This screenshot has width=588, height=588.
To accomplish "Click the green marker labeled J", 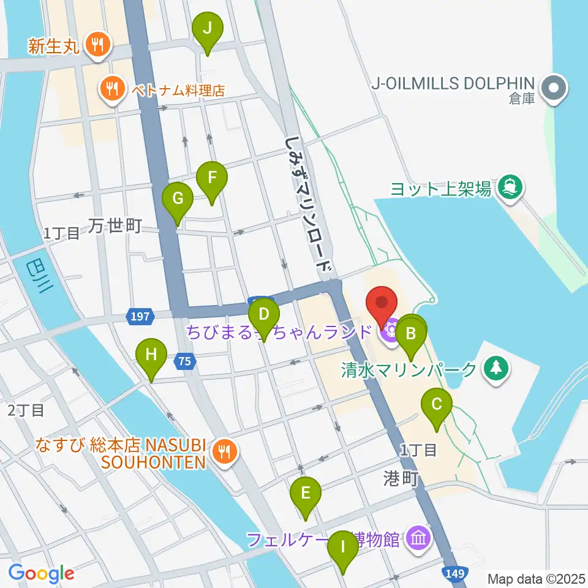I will (x=208, y=28).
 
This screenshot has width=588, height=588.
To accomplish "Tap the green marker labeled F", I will (x=212, y=178).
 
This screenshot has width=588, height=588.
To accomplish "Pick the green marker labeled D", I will (x=263, y=315).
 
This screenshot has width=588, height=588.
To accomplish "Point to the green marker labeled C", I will (x=437, y=404).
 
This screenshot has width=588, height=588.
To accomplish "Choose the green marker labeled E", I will (x=305, y=492).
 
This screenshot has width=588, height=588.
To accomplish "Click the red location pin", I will (x=382, y=303).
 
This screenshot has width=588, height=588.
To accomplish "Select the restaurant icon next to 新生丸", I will (x=96, y=44).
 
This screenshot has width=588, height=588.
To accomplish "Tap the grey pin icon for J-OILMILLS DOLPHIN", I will (x=555, y=88).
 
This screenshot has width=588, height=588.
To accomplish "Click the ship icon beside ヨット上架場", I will (x=508, y=184).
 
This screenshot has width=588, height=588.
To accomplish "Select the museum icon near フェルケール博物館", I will (x=419, y=539).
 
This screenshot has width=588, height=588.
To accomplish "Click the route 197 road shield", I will (x=138, y=316).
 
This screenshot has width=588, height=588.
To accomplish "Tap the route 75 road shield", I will (x=186, y=362).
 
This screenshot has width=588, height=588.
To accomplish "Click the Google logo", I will (x=42, y=573).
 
